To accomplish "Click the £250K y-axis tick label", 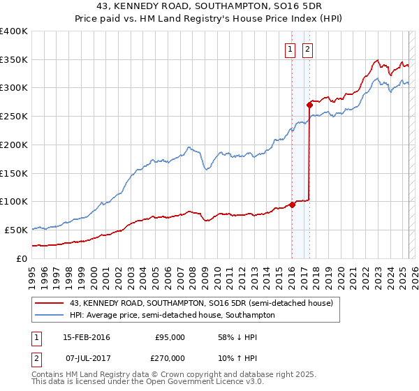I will point(14,116).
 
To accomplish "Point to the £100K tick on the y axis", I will point(14,201).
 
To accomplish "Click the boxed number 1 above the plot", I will point(290,49).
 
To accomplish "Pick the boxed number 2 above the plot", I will point(307,49).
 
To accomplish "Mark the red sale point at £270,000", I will point(309,105).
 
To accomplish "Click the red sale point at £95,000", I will point(292,204).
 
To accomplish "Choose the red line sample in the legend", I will point(50,303).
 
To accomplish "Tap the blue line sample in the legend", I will point(50,315).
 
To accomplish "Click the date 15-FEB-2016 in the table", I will point(86,337).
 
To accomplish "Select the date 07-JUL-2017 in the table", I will point(86,358).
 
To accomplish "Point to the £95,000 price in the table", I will point(170,337).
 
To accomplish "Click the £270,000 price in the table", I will point(170,358).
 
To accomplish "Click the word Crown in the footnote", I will point(185,375).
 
